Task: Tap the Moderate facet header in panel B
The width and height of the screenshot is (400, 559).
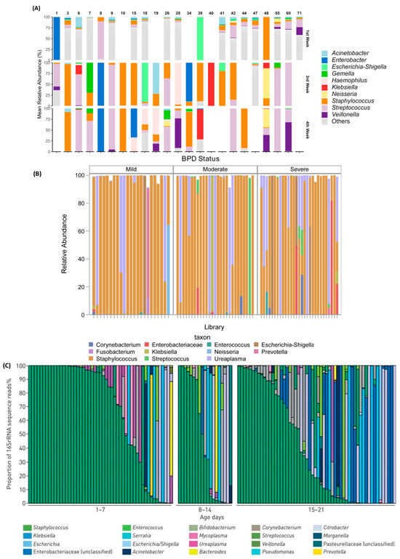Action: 215,169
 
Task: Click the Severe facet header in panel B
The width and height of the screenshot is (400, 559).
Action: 299,169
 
